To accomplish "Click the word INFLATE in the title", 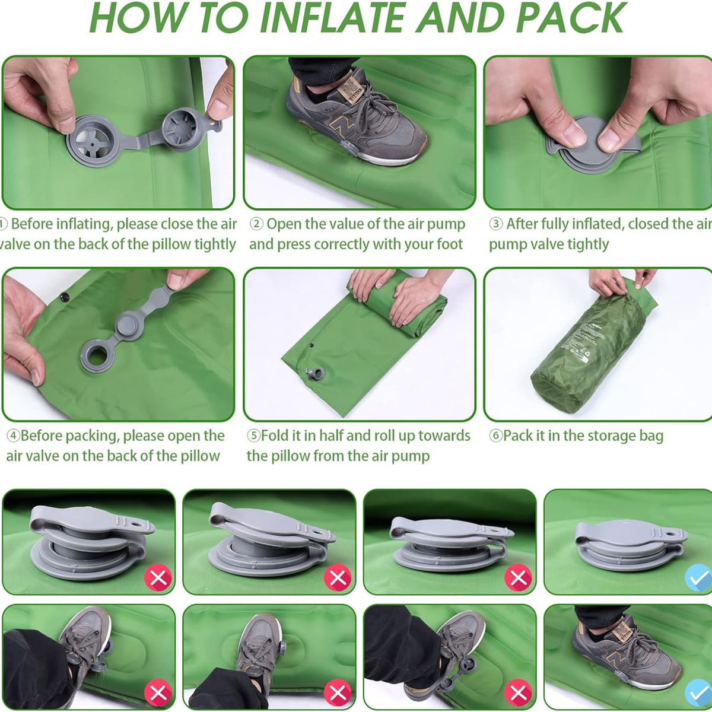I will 333,18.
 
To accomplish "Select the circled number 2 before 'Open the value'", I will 256,224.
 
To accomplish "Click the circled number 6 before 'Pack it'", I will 495,436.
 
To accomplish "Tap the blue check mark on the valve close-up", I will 698,577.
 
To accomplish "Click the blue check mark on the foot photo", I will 698,692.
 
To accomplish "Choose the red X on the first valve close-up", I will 158,577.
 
